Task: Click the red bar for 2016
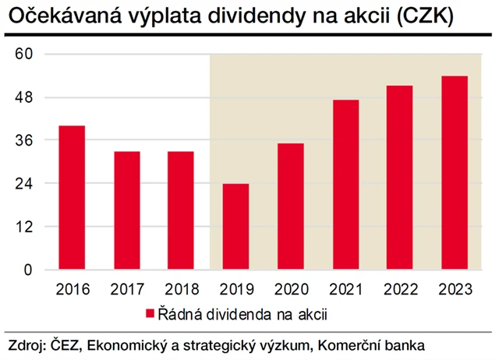[72, 198]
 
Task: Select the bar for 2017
[126, 210]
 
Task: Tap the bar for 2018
[181, 210]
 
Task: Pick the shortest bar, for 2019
[235, 227]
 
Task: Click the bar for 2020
[291, 206]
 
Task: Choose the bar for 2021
[345, 185]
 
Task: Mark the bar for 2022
[400, 178]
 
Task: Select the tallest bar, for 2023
[455, 173]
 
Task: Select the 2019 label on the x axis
[235, 289]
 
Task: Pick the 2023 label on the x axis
[455, 289]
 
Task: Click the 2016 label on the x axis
[72, 289]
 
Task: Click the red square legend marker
[150, 314]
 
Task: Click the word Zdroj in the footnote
[26, 345]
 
